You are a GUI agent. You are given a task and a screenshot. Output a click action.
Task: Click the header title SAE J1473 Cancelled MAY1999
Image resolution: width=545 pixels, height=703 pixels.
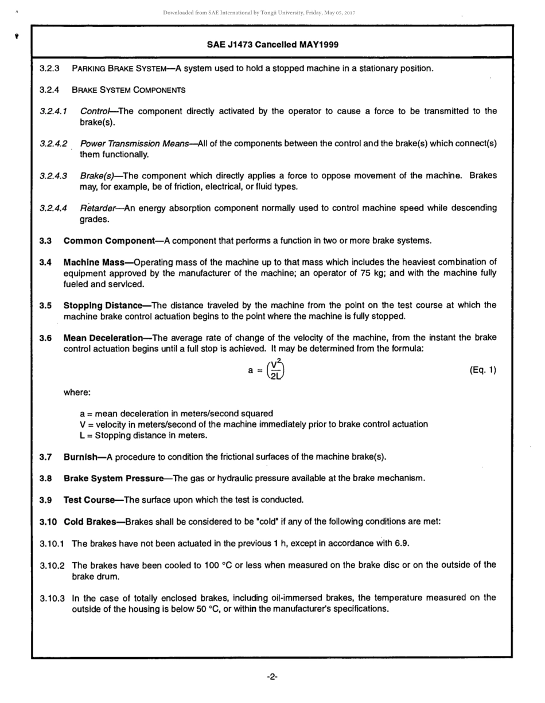(271, 44)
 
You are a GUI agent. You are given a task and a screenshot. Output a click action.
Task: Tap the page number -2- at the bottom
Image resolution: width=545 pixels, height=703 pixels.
(272, 677)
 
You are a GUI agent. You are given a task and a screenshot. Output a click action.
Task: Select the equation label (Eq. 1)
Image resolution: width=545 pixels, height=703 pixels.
(482, 370)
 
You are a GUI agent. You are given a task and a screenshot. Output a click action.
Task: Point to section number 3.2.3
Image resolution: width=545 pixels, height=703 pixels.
(49, 69)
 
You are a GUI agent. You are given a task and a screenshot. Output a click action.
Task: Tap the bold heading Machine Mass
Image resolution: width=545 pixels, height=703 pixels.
(94, 262)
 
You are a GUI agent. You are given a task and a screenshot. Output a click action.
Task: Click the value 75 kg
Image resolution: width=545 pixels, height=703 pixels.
(373, 273)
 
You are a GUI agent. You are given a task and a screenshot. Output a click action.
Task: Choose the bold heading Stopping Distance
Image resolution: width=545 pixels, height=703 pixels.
(103, 305)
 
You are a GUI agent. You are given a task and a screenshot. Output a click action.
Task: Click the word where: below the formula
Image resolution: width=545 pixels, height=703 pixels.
(77, 393)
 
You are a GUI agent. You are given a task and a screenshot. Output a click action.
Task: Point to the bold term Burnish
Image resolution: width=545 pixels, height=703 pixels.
(80, 457)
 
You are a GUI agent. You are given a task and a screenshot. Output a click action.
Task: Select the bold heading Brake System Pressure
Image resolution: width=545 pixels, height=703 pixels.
(114, 478)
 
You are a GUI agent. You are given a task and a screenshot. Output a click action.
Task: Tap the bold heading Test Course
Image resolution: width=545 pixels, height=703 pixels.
(89, 500)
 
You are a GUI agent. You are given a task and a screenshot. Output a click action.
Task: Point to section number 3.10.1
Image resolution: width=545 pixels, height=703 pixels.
(52, 543)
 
